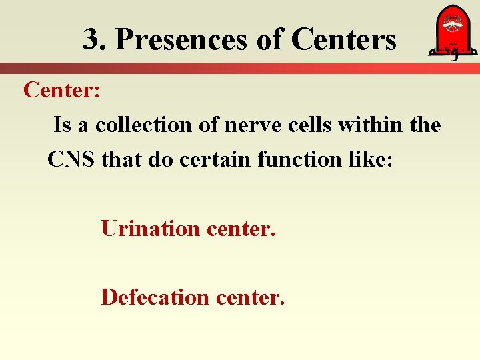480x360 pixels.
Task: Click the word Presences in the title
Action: [180, 40]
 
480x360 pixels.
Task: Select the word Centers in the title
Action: [344, 40]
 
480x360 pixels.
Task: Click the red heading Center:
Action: [62, 89]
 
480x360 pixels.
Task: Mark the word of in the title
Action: [269, 40]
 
